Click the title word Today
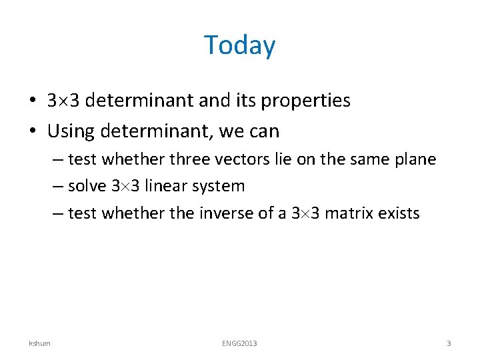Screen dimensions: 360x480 pyautogui.click(x=239, y=45)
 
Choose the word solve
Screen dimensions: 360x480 pyautogui.click(x=87, y=186)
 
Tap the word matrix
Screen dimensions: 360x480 pyautogui.click(x=349, y=213)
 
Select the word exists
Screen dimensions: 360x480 pyautogui.click(x=399, y=213)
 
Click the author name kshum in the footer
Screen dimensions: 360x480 pyautogui.click(x=39, y=343)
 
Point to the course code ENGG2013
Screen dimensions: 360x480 pyautogui.click(x=239, y=343)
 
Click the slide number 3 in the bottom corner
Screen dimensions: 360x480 pyautogui.click(x=449, y=343)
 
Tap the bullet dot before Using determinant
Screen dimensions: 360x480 pyautogui.click(x=33, y=132)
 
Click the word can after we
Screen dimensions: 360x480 pyautogui.click(x=264, y=132)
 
